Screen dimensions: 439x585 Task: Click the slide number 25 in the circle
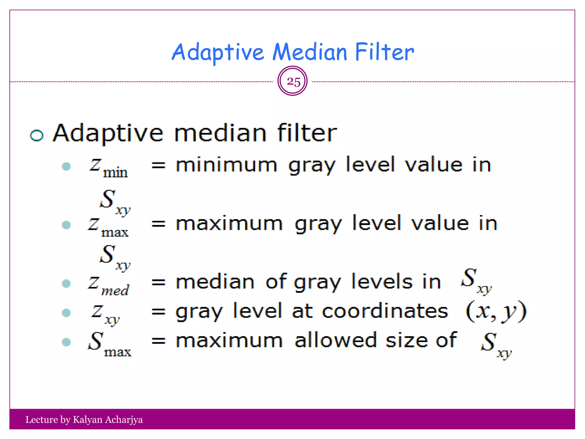point(293,82)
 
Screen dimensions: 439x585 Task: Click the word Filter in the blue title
point(384,52)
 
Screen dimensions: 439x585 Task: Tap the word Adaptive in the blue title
point(218,52)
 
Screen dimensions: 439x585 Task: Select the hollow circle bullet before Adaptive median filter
point(37,135)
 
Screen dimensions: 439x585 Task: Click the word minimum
point(227,165)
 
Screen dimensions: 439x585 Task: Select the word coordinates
point(385,311)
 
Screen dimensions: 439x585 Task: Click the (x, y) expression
point(496,311)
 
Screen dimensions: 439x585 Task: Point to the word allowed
point(336,340)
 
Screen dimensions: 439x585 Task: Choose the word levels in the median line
point(382,282)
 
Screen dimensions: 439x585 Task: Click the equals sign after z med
point(159,283)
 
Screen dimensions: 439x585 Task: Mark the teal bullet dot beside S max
point(66,342)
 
